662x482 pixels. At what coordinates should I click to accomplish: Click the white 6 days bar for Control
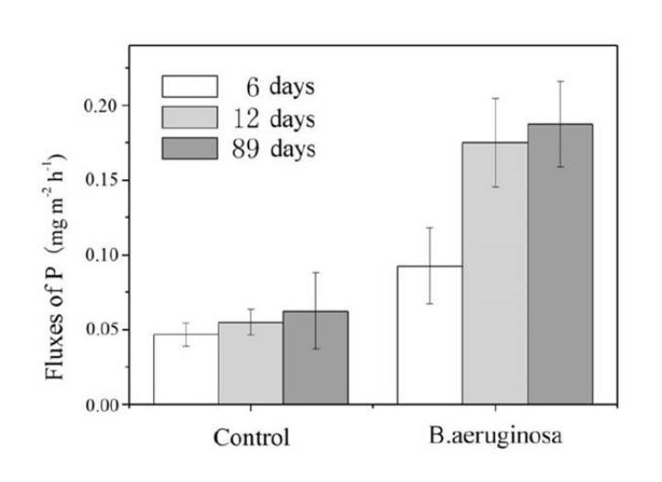pos(185,370)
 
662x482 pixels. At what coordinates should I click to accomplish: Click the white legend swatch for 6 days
pos(190,87)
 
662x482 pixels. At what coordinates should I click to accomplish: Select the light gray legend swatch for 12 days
pos(190,117)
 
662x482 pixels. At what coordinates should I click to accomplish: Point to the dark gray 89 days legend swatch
pos(190,148)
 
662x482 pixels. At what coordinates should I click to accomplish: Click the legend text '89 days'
pos(272,148)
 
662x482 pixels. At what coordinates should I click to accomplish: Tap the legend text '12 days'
pos(272,118)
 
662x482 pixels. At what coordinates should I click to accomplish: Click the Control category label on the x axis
pos(251,437)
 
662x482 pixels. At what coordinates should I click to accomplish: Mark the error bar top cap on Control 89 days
pos(315,273)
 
